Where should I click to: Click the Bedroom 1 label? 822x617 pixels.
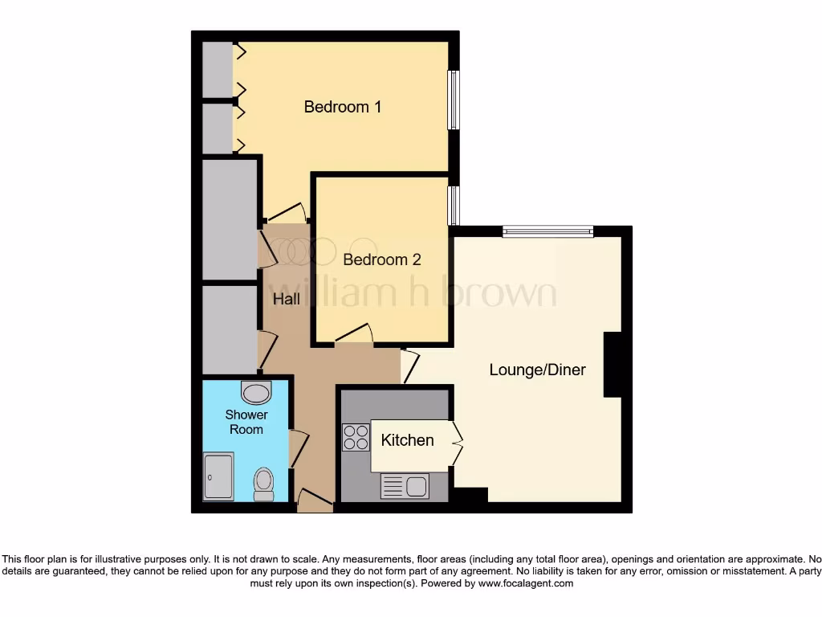click(x=343, y=107)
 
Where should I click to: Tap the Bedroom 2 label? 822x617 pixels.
click(x=382, y=260)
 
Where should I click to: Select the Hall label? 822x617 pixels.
click(x=287, y=300)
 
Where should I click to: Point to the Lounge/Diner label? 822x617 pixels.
click(x=538, y=370)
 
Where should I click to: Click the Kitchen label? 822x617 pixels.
click(x=407, y=440)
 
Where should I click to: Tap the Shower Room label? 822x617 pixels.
click(x=246, y=422)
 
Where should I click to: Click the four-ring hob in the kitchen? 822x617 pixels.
click(x=356, y=438)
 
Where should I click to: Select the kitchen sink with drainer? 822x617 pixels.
click(x=405, y=486)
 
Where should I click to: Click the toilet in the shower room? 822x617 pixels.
click(x=263, y=484)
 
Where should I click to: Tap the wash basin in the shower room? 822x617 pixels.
click(x=256, y=392)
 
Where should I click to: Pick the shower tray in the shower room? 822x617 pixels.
click(x=218, y=476)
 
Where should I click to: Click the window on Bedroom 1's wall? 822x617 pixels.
click(x=454, y=100)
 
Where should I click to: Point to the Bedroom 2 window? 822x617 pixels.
click(x=454, y=206)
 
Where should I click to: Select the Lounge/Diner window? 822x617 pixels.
click(x=547, y=232)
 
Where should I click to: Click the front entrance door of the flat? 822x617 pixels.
click(x=314, y=501)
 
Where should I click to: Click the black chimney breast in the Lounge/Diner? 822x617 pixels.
click(x=613, y=364)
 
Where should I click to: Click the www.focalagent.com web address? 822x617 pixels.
click(x=526, y=583)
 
